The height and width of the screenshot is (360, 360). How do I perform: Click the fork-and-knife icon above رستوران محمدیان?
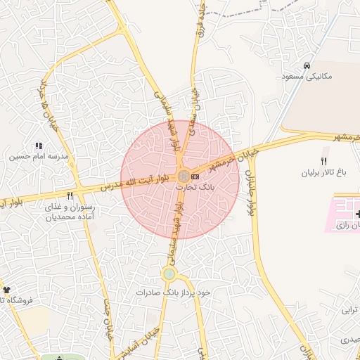(69, 196)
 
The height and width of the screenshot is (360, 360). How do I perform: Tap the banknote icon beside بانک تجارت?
(195, 176)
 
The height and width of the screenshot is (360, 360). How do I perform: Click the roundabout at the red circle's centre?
(183, 176)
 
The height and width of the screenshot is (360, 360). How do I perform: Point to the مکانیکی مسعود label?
(306, 76)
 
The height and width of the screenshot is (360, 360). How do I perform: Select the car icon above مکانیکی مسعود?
(307, 65)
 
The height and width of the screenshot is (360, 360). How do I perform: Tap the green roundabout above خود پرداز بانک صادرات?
(169, 274)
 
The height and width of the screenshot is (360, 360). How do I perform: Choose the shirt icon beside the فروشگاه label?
(6, 290)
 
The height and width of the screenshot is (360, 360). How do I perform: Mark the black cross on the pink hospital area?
(358, 213)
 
